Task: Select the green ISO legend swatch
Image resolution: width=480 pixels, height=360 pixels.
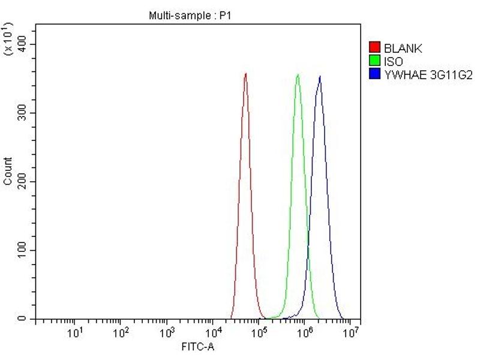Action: (375, 61)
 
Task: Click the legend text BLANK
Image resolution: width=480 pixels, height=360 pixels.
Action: (403, 49)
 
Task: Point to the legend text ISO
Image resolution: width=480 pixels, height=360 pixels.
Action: (394, 61)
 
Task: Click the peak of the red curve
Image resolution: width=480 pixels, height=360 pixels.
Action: (245, 74)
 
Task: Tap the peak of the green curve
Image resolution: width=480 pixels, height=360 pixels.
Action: (298, 75)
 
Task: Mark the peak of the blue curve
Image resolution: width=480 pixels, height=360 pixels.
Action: (320, 76)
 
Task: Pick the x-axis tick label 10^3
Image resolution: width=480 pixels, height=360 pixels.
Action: (167, 332)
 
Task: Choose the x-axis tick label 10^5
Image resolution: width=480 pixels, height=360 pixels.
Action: (259, 332)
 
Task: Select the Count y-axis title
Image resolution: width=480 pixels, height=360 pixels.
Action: (8, 171)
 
